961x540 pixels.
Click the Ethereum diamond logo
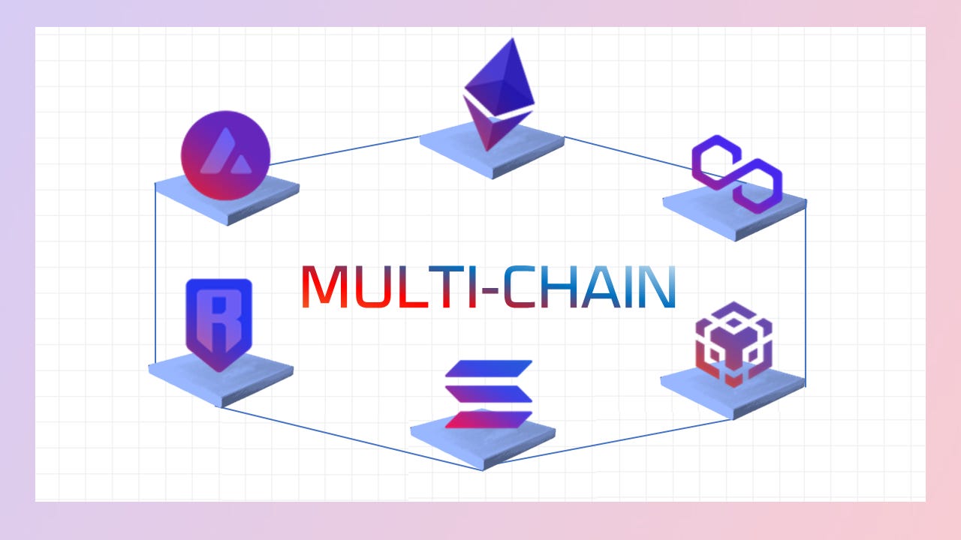point(498,90)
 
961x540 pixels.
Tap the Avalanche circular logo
point(224,155)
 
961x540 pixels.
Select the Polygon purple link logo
point(737,173)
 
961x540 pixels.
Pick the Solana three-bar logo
point(488,394)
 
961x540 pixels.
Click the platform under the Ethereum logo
point(492,154)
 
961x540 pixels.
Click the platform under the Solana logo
point(483,442)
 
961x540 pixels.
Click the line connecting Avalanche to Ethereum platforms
point(345,151)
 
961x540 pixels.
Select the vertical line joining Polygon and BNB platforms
point(806,292)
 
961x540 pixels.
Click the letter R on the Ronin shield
point(218,309)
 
